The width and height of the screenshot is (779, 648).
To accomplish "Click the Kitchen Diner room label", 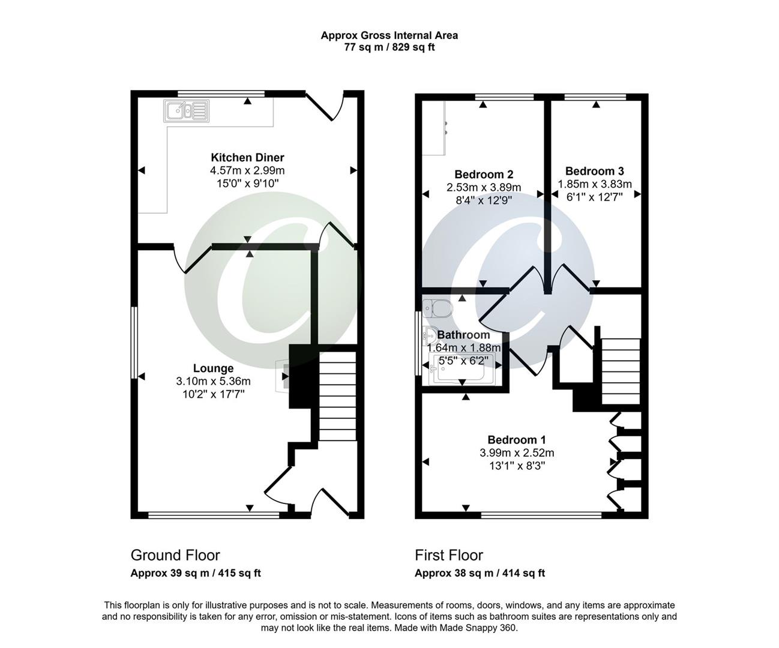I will point(247,158).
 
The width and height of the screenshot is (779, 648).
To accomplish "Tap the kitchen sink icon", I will point(186,110).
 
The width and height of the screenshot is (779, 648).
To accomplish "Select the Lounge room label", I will point(213,368).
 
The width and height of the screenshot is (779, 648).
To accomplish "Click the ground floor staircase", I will point(337,396).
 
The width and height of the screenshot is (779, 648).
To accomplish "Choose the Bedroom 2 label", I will point(483,175).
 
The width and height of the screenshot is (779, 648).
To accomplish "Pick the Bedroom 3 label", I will point(590,171).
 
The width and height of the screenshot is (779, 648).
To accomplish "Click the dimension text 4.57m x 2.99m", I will point(247,171).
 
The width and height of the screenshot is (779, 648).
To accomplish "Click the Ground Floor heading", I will point(175,556).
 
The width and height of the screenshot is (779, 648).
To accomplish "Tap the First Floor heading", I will point(449,556).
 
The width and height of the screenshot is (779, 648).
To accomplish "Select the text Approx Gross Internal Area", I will point(389,35).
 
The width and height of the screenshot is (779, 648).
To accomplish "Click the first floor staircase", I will point(621,372).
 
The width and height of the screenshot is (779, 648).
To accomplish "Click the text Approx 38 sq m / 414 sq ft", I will point(480,574).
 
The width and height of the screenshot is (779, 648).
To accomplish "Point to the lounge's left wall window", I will point(134,343).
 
